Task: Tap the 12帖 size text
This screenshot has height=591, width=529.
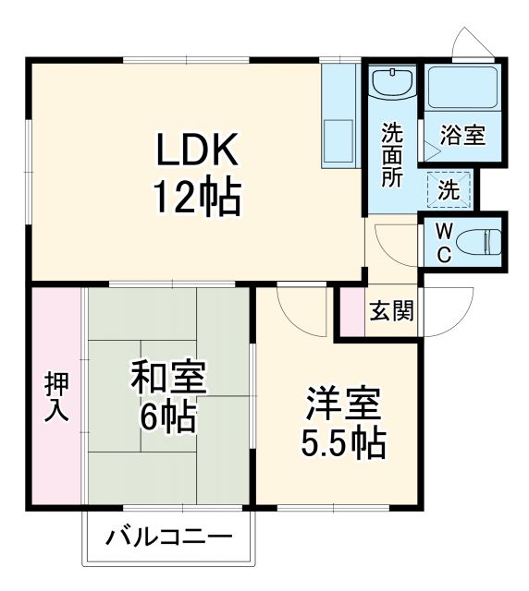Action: tap(196, 197)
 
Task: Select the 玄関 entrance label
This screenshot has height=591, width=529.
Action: tap(391, 311)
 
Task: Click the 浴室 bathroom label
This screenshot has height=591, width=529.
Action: tap(462, 136)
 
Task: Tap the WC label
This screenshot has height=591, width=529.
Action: tap(443, 242)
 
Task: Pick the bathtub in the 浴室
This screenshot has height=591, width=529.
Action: tap(463, 90)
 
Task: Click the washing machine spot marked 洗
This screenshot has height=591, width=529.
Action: tap(448, 192)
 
